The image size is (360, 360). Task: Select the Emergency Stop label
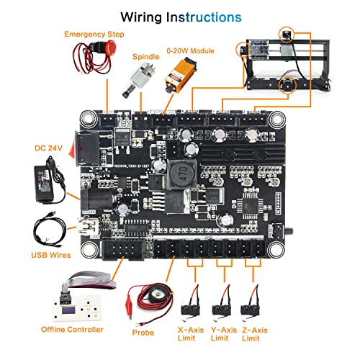point(94,34)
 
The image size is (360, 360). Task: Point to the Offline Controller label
point(73,330)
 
